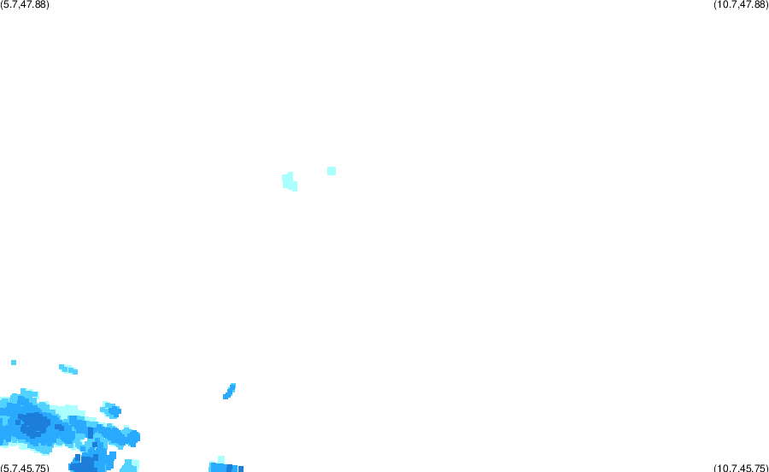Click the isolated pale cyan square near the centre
(332, 171)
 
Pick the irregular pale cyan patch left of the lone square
(290, 181)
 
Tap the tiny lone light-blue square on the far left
(14, 363)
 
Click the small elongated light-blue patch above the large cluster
(68, 369)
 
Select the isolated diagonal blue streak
(229, 391)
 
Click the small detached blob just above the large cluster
(111, 410)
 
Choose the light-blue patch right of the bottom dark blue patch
(130, 466)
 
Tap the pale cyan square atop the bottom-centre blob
(221, 459)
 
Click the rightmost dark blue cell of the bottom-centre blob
(241, 469)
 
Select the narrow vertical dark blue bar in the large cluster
(91, 434)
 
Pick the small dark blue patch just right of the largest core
(59, 428)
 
